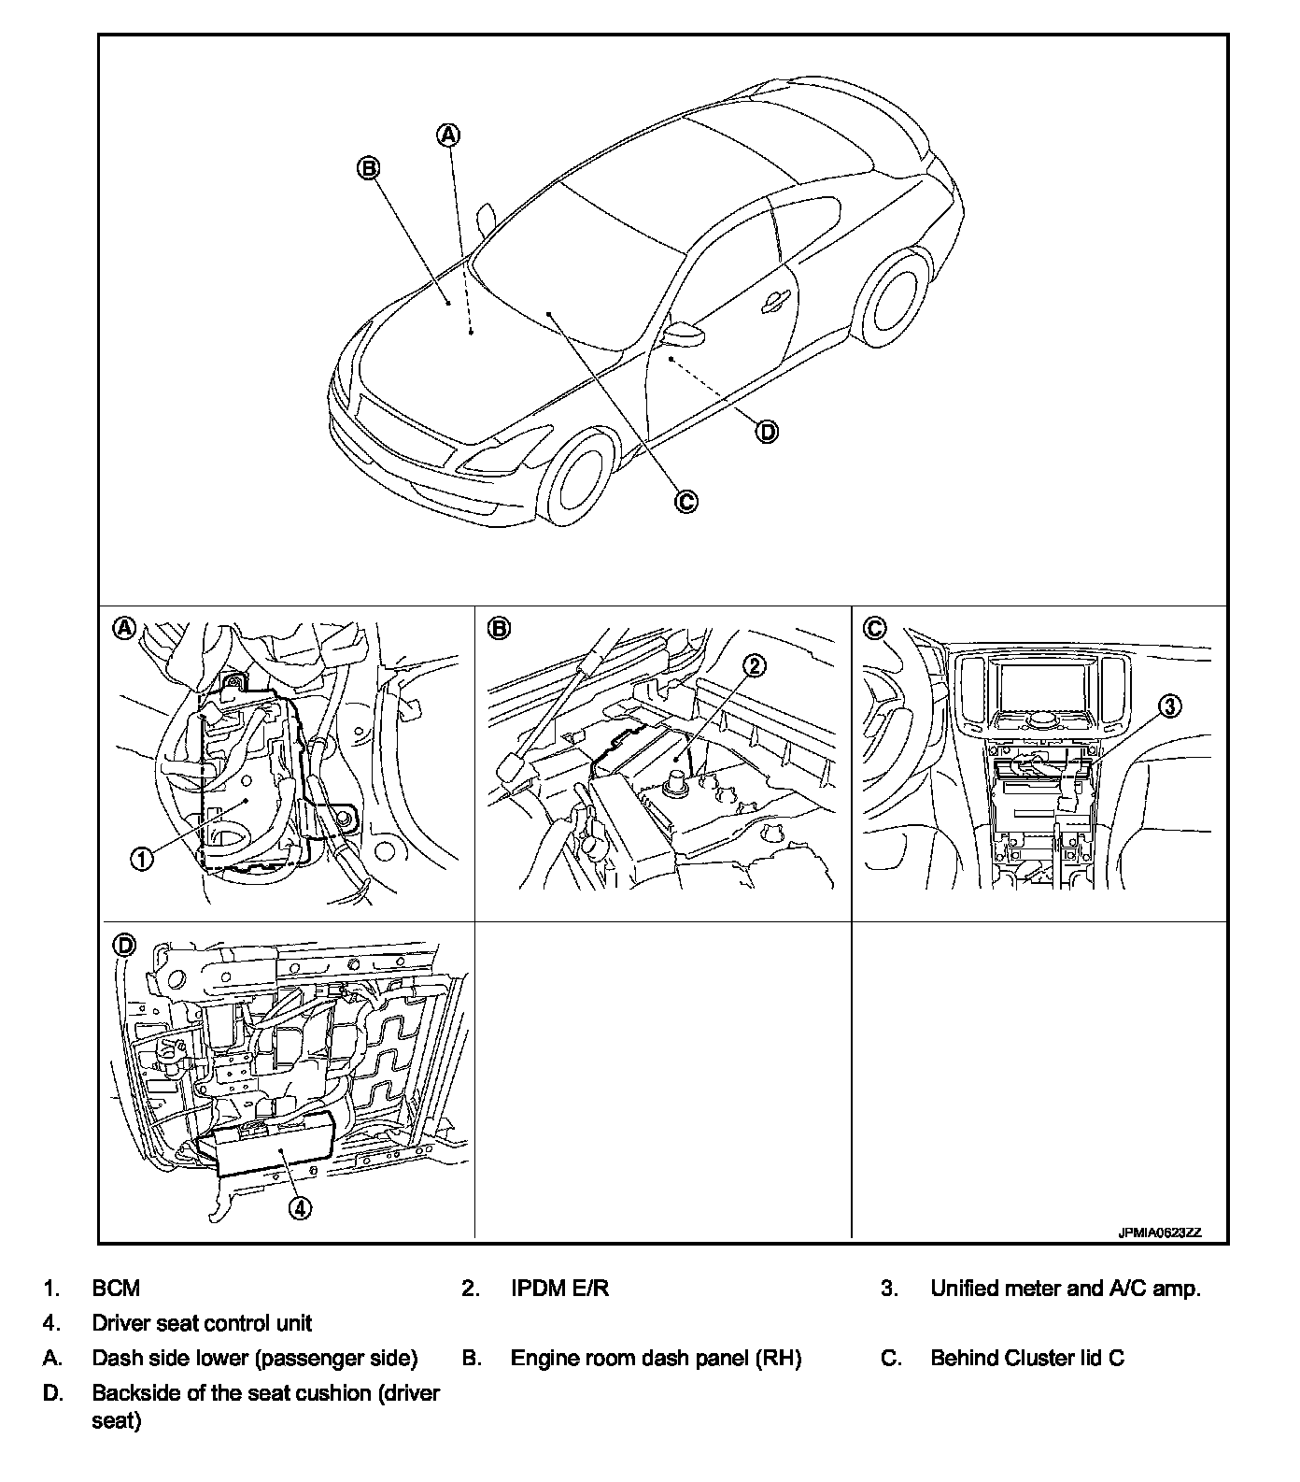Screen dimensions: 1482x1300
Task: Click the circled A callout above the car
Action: (x=449, y=135)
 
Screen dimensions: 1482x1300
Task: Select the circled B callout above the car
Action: (x=368, y=168)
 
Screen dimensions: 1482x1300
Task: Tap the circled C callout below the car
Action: (x=685, y=501)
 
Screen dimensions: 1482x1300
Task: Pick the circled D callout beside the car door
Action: (x=766, y=431)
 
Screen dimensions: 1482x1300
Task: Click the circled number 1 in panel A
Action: (x=141, y=858)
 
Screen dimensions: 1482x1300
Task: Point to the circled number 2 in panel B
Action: (x=754, y=664)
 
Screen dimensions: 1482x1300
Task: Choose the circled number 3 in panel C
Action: (x=1171, y=706)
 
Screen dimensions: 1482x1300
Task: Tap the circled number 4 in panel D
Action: (x=299, y=1207)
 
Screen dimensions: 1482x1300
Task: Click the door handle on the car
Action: (x=774, y=300)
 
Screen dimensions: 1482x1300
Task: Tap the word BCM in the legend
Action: (x=116, y=1288)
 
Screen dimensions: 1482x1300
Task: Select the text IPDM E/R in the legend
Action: (x=559, y=1288)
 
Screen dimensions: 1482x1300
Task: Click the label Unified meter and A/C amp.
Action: (x=1065, y=1288)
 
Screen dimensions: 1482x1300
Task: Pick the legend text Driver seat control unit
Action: (x=202, y=1322)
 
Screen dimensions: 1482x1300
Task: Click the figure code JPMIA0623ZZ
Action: (x=1159, y=1233)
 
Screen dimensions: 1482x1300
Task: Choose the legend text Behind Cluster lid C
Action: (x=1026, y=1358)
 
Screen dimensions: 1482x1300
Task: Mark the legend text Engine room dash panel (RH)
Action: (x=656, y=1358)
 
